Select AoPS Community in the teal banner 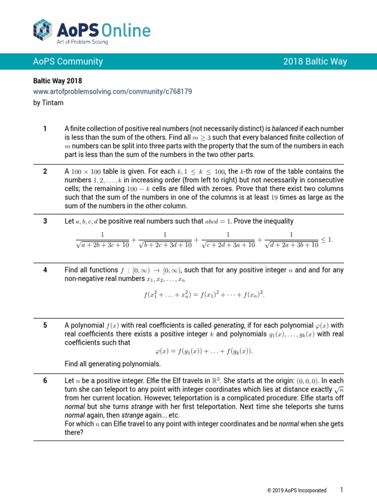click(68, 61)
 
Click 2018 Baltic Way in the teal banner click(315, 61)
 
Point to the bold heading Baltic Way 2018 click(57, 81)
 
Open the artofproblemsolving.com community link click(112, 91)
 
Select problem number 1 click(45, 129)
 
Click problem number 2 click(45, 171)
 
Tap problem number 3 click(45, 221)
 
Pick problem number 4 click(45, 270)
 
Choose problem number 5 click(45, 325)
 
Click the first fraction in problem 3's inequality click(103, 240)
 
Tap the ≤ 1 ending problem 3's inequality click(326, 239)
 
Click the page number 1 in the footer click(342, 490)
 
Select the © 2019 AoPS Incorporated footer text click(296, 490)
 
